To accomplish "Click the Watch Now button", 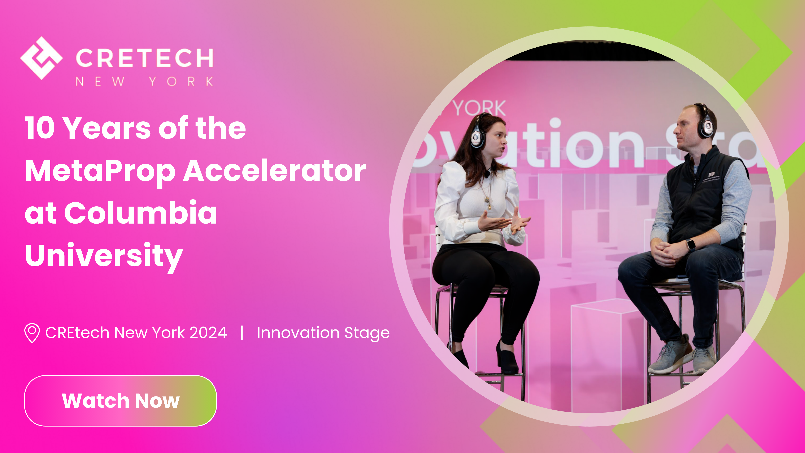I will pyautogui.click(x=120, y=401).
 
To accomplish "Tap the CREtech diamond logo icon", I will pyautogui.click(x=41, y=58).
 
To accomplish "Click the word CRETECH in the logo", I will pyautogui.click(x=144, y=58).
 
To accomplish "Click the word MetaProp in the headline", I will pyautogui.click(x=100, y=171).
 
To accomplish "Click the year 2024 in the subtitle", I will pyautogui.click(x=208, y=333).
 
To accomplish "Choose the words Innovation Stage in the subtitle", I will pyautogui.click(x=323, y=333).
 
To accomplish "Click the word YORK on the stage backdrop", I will pyautogui.click(x=479, y=108).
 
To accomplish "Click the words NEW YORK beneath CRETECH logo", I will pyautogui.click(x=144, y=82).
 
